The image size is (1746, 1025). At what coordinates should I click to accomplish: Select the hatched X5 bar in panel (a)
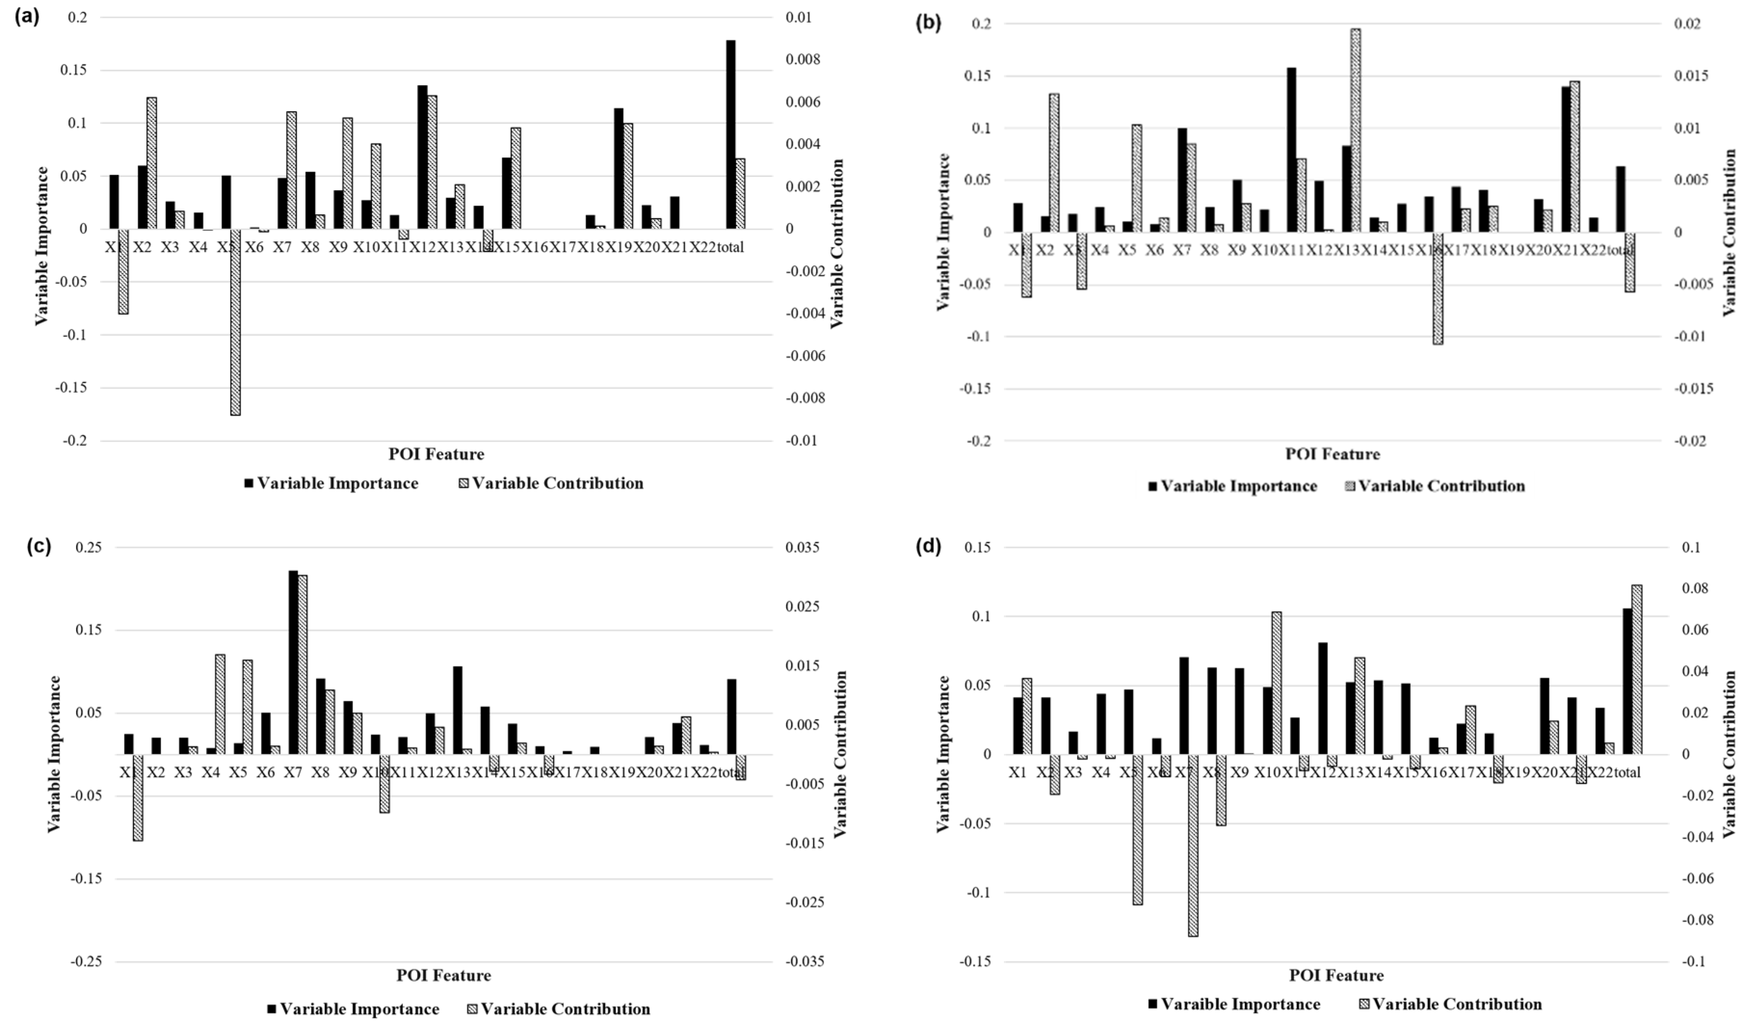click(x=236, y=322)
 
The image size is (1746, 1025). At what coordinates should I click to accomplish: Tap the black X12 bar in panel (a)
click(x=422, y=158)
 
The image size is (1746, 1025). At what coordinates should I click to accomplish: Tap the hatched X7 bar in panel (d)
click(x=1193, y=845)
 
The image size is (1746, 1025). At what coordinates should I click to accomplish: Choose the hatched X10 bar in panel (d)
click(x=1276, y=683)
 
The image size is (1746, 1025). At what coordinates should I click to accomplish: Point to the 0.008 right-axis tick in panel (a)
click(x=802, y=60)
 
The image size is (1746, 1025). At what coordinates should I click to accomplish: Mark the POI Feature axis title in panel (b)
click(x=1332, y=454)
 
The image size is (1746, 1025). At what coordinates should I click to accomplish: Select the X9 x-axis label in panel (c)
click(x=348, y=772)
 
